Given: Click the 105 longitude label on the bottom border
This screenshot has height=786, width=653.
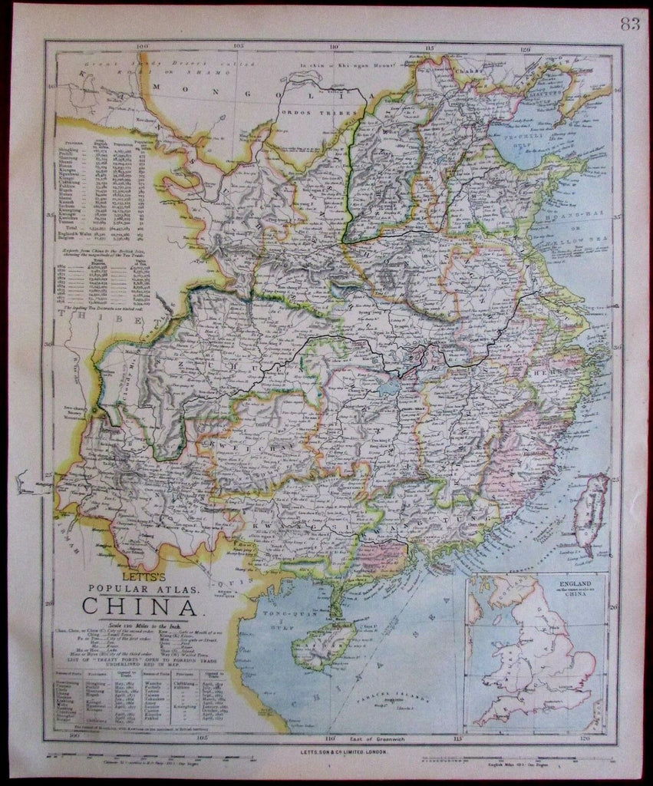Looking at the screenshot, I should click(x=202, y=739).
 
